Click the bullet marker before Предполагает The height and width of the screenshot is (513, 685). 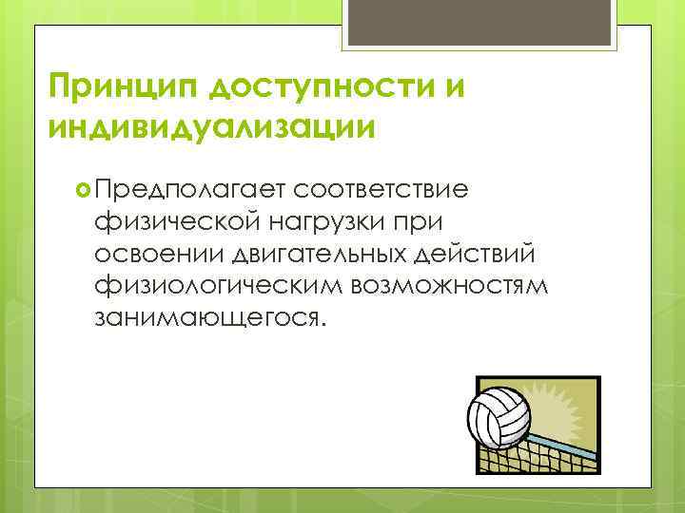[x=80, y=188]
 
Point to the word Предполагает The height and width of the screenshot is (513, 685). [x=189, y=188]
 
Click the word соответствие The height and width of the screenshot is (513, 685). [x=381, y=188]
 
